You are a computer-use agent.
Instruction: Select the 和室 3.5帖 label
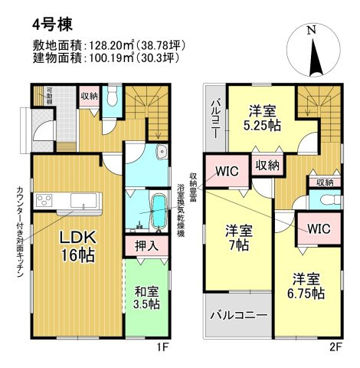(x=144, y=297)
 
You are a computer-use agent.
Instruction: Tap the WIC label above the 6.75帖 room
(x=319, y=228)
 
